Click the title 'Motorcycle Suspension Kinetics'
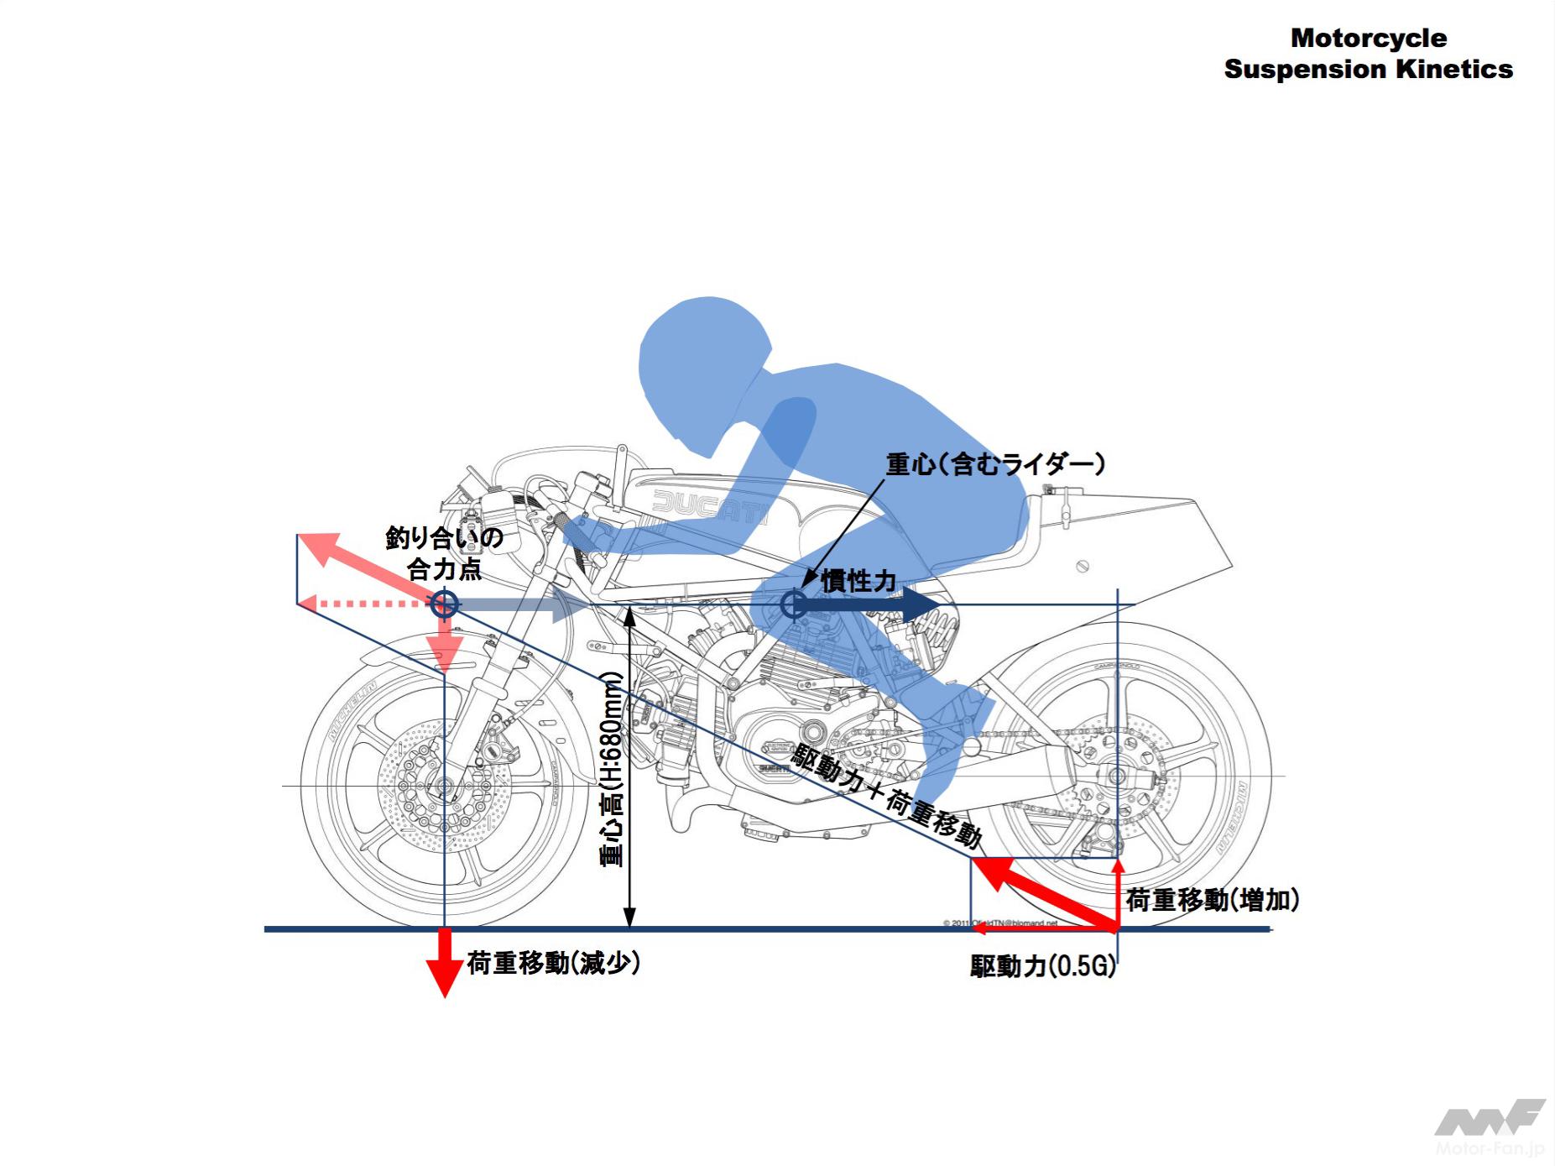(1368, 54)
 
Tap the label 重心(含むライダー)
(995, 464)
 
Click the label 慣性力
(858, 580)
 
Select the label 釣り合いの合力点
(444, 553)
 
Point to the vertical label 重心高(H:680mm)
(612, 768)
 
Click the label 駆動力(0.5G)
(1043, 966)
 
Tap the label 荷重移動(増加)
(1213, 900)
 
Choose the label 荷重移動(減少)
(554, 963)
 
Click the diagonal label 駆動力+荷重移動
(886, 794)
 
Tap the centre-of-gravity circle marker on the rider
(793, 604)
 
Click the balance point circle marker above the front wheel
(444, 604)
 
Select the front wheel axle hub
(442, 787)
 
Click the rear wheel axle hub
(1116, 776)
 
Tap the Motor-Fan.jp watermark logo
(1490, 1127)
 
